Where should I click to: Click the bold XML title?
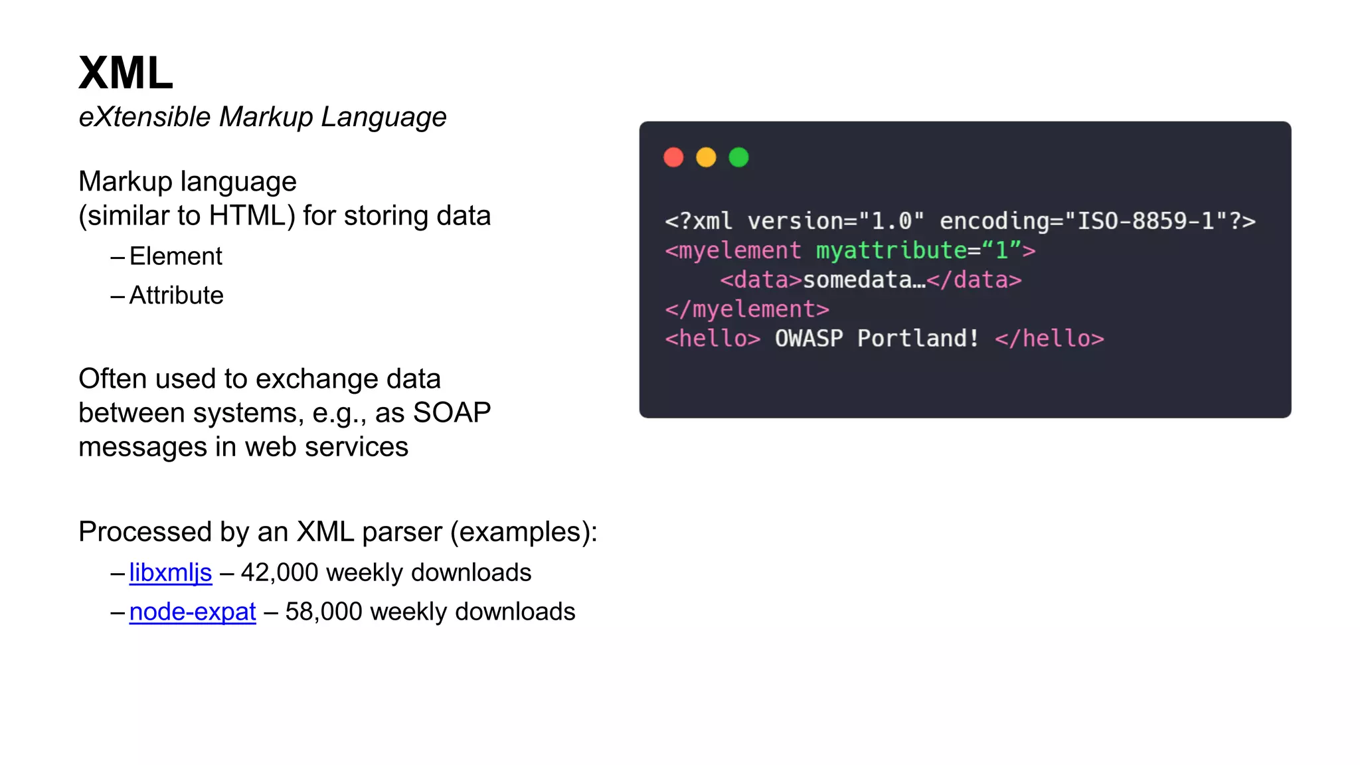126,72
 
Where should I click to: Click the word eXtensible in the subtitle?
145,117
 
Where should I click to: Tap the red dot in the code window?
673,157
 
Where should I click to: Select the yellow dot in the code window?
706,157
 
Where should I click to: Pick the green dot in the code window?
738,157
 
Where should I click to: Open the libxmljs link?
171,572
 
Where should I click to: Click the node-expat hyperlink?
193,612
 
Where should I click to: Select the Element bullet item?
175,256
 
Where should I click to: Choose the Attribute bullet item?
176,296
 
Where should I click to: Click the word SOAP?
452,413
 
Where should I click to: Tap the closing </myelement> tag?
747,309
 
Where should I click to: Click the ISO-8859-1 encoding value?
1146,221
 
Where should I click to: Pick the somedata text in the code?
863,280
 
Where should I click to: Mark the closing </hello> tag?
1049,339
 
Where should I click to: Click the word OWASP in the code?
809,339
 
